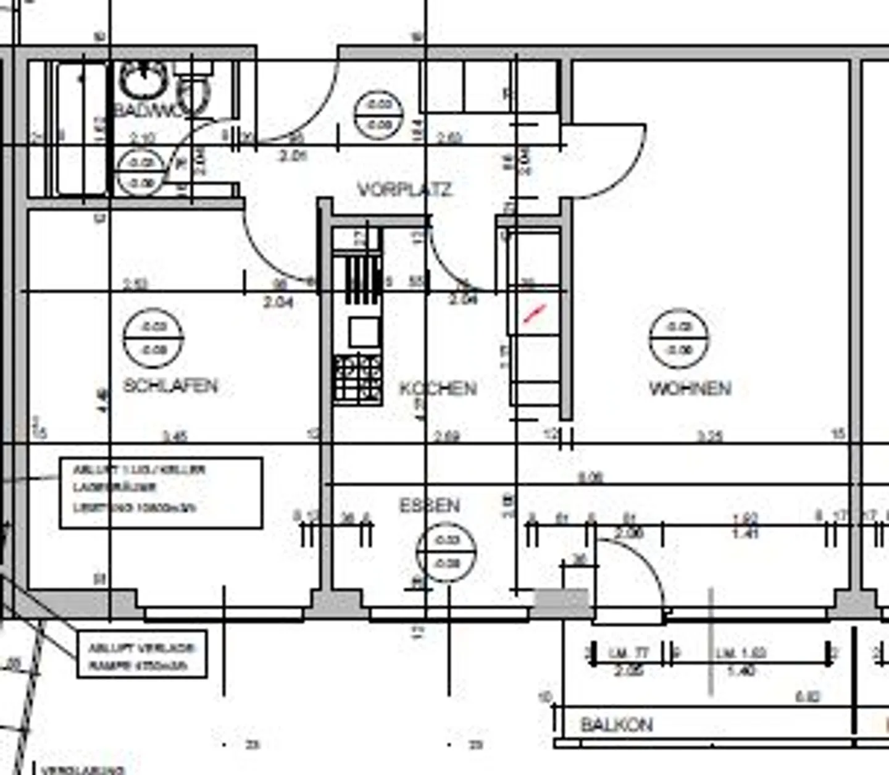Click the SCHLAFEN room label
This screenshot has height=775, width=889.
pos(170,385)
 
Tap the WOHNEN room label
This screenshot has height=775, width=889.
pos(690,388)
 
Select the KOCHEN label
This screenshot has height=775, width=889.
pos(438,388)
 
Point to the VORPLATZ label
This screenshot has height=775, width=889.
pos(404,189)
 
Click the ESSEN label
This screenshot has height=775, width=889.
pos(430,506)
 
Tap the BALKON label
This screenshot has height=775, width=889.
pos(616,725)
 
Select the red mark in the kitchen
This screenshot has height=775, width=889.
pos(535,313)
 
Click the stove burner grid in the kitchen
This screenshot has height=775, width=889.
pos(357,379)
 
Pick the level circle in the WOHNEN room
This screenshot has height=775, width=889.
pos(679,338)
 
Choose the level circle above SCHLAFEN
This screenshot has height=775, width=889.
pos(153,338)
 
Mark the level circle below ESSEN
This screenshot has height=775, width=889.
pos(446,551)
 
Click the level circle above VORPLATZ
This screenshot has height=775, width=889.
pos(378,115)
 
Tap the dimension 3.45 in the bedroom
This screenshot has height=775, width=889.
pos(175,437)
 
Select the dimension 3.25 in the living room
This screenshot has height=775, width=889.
pos(709,437)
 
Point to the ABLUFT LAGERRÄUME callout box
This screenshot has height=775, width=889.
pos(161,493)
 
